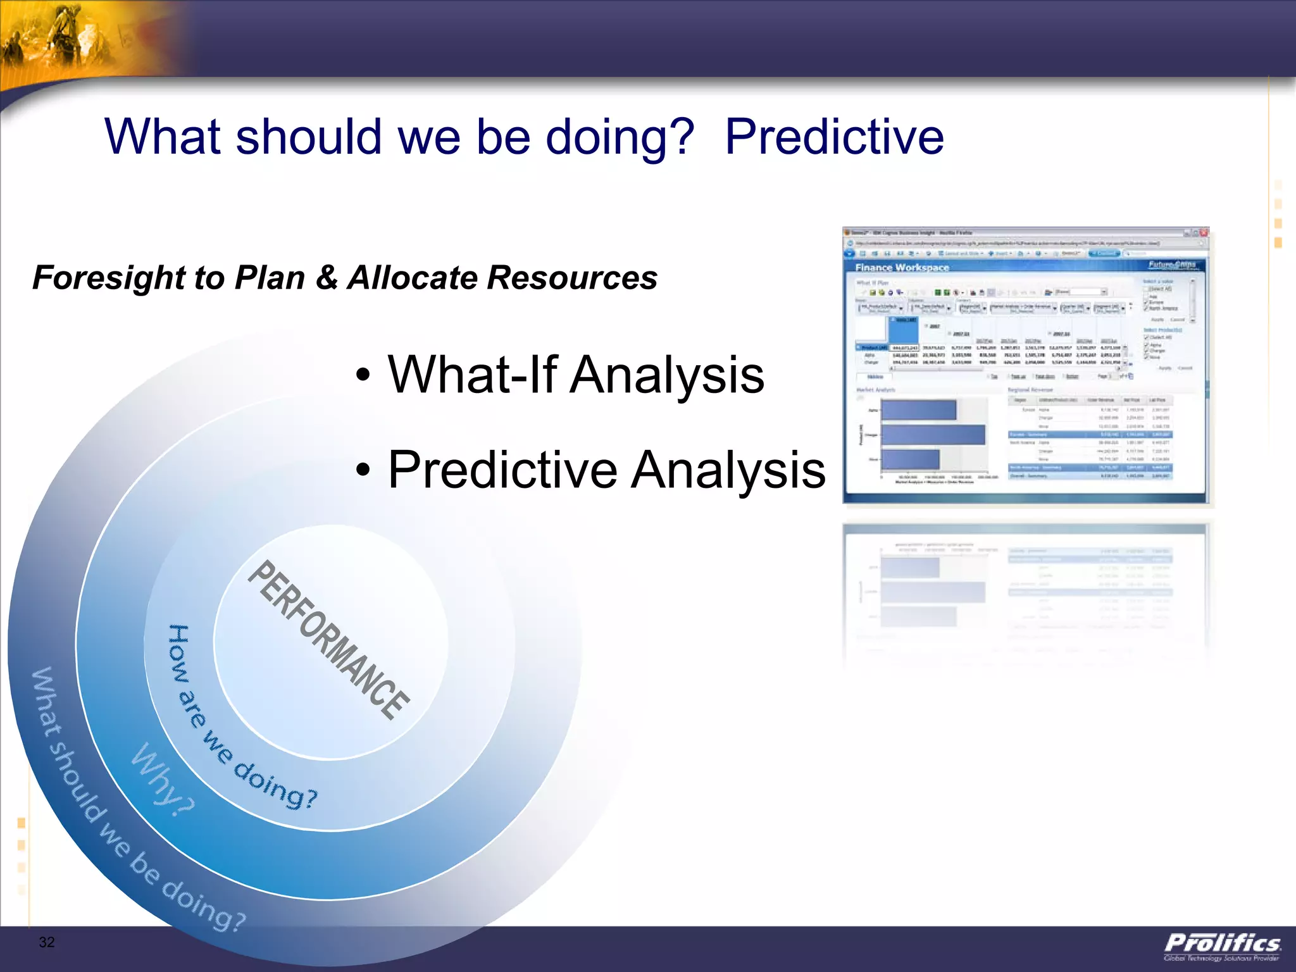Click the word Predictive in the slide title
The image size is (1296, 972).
click(x=834, y=137)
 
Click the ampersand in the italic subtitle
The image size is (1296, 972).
click(x=327, y=278)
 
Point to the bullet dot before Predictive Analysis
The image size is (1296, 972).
click(x=362, y=471)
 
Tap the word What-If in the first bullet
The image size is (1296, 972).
click(x=472, y=375)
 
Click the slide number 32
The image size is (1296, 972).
click(x=47, y=942)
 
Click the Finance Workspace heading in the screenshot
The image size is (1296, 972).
click(x=902, y=268)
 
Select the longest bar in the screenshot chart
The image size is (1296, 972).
click(x=933, y=435)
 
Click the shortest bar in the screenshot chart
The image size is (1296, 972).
click(x=910, y=459)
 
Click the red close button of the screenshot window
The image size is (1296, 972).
click(x=1204, y=233)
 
